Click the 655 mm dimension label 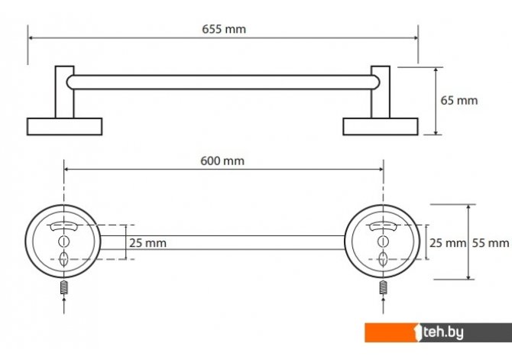pyautogui.click(x=224, y=29)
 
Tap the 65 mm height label pyautogui.click(x=459, y=100)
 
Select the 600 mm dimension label pyautogui.click(x=222, y=161)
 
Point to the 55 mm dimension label pyautogui.click(x=491, y=243)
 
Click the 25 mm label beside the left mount pyautogui.click(x=147, y=243)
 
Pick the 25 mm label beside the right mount pyautogui.click(x=447, y=243)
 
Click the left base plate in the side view pyautogui.click(x=65, y=126)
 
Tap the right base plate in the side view pyautogui.click(x=381, y=126)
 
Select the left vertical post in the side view pyautogui.click(x=65, y=92)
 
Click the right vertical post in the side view pyautogui.click(x=381, y=92)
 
